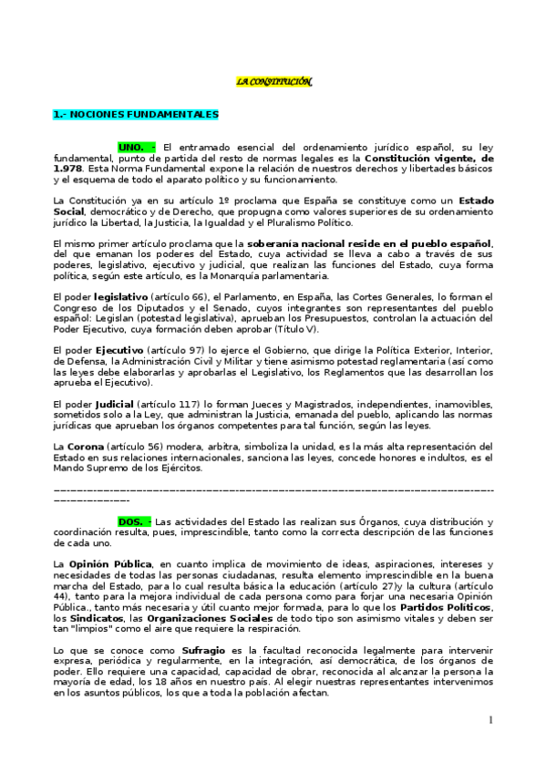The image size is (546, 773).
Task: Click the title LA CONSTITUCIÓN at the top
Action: click(x=273, y=82)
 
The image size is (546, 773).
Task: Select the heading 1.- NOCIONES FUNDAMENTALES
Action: click(x=136, y=115)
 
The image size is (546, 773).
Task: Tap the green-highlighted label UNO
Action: click(x=137, y=147)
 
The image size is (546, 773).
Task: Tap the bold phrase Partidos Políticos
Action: click(x=432, y=607)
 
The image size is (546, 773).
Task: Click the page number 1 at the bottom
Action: click(x=490, y=720)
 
